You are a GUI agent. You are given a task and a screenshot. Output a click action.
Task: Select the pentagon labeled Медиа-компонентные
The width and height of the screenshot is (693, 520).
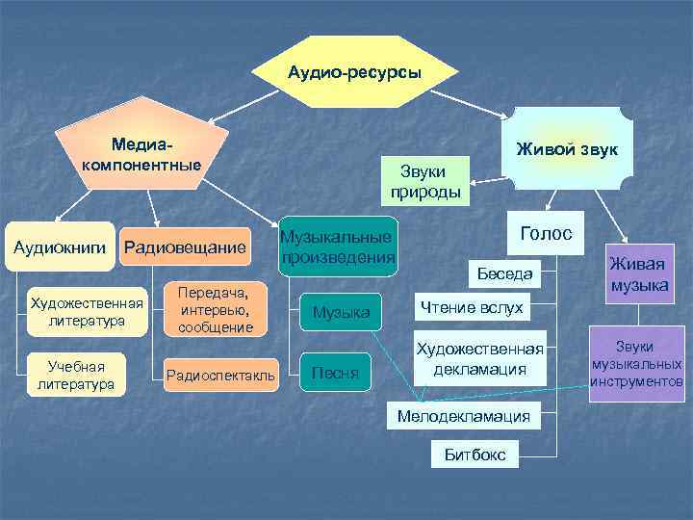(142, 154)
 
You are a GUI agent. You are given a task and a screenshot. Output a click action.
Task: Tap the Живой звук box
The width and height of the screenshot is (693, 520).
(568, 148)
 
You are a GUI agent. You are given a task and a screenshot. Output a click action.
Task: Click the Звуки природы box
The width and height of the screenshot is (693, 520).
(424, 181)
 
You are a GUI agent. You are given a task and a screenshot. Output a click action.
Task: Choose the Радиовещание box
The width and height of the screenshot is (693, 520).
(185, 248)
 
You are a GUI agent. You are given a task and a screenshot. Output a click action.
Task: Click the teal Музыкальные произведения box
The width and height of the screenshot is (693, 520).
(337, 248)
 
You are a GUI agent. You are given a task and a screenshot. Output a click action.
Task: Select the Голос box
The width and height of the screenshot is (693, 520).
(546, 233)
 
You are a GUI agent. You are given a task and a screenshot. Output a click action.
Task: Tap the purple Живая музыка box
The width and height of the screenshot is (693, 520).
(638, 272)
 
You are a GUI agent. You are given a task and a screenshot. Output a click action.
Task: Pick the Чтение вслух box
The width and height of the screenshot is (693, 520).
(472, 307)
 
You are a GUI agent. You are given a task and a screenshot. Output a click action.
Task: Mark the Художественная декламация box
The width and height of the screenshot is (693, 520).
(478, 358)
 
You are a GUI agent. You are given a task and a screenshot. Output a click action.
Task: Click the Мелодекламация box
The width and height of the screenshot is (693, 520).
(464, 416)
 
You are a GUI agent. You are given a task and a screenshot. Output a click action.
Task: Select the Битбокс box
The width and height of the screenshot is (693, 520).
(475, 453)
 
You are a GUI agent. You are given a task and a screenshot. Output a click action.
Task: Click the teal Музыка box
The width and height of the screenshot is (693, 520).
(342, 311)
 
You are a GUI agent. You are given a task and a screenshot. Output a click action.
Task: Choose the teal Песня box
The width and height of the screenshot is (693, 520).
(342, 372)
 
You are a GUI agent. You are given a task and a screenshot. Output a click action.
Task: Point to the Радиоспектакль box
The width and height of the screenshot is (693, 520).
(220, 373)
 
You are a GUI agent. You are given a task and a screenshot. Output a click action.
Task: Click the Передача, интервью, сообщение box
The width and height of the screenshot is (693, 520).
(216, 309)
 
